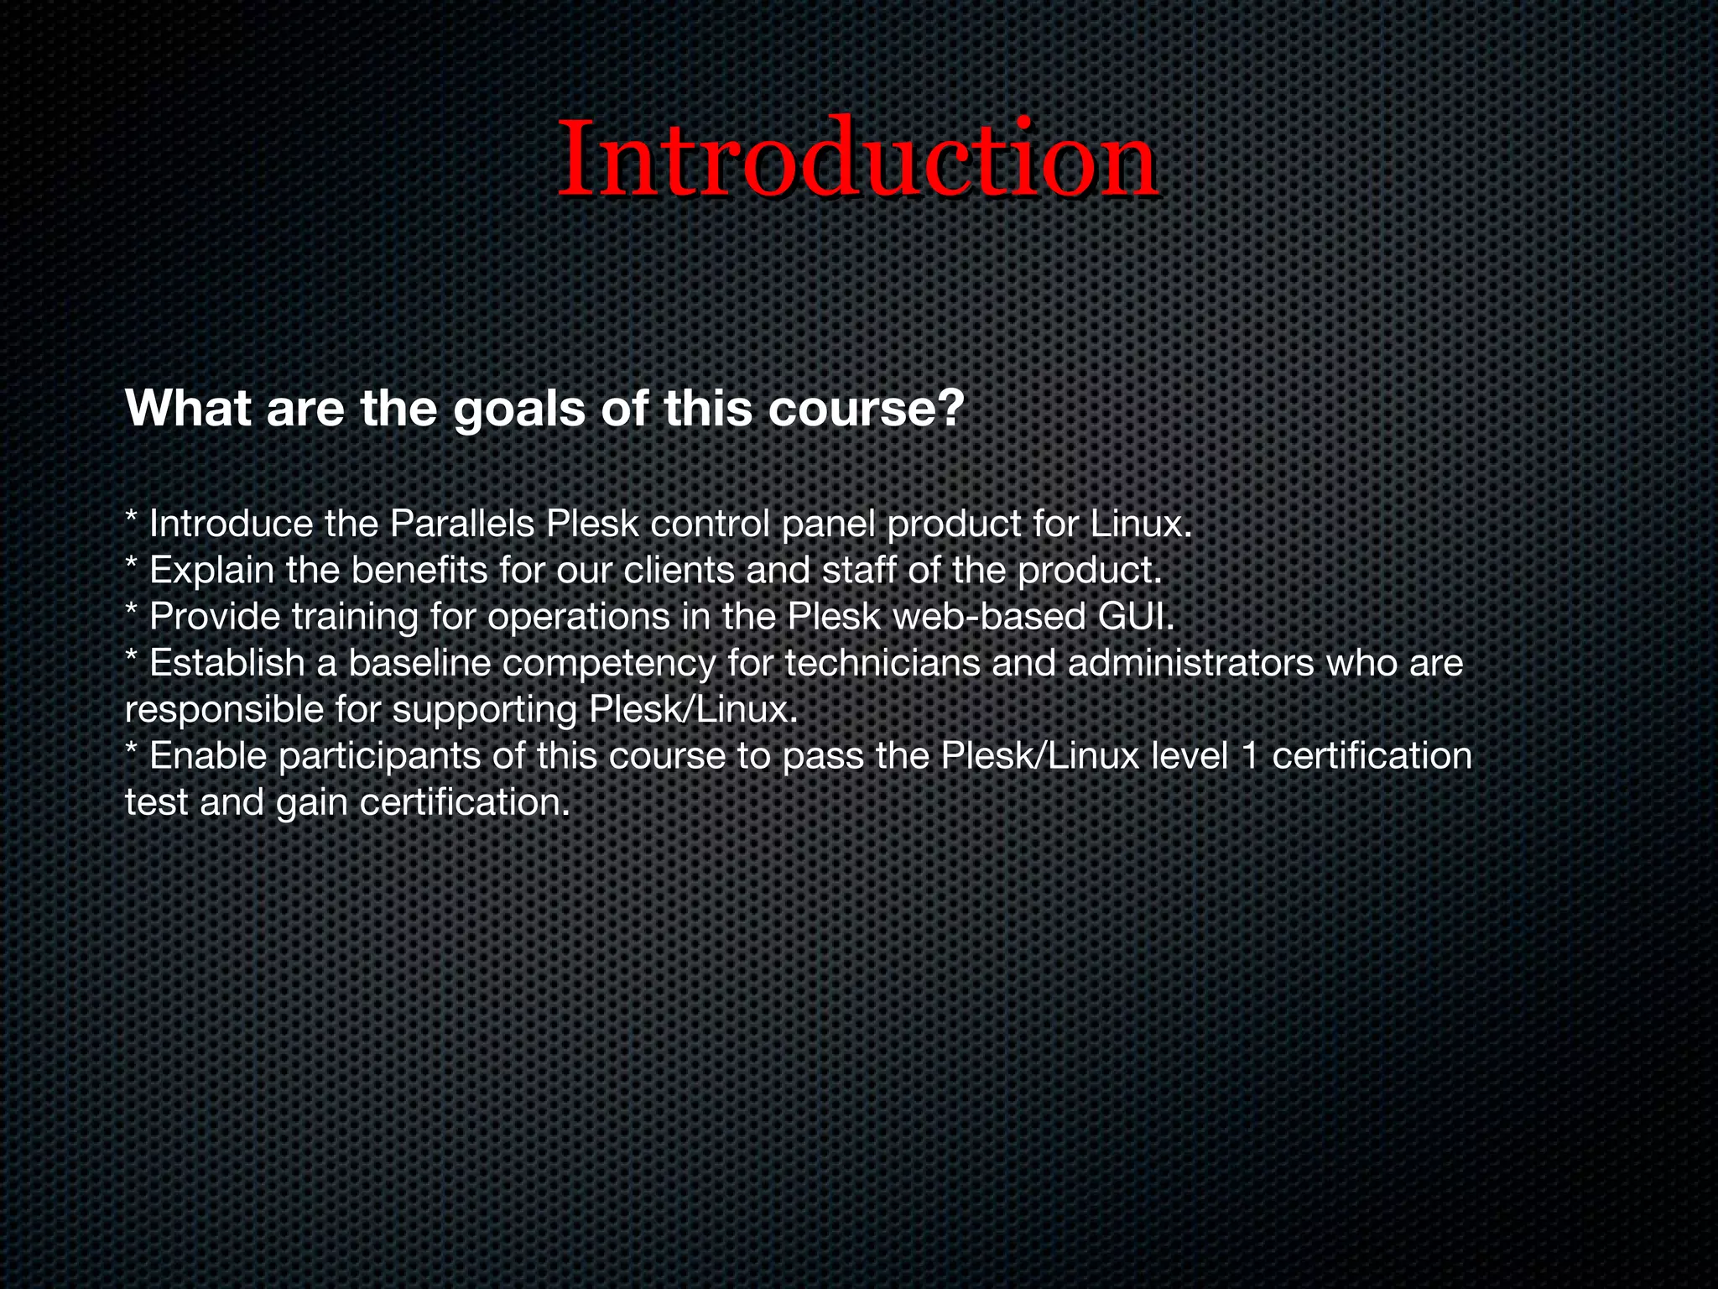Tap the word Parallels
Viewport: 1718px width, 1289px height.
click(462, 525)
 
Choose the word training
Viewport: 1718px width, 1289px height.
click(355, 618)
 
